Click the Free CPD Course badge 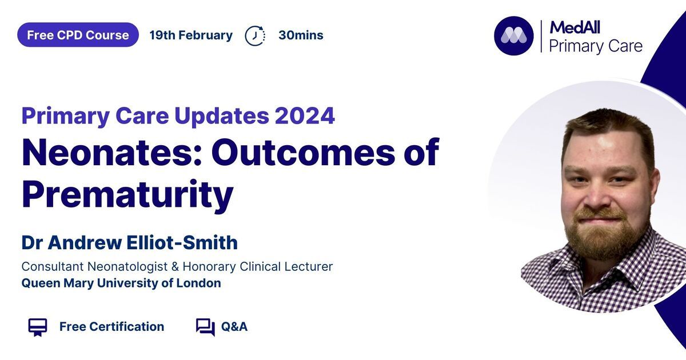click(78, 35)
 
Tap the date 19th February click(191, 35)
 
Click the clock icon click(255, 36)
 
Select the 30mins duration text click(301, 35)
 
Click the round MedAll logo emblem click(513, 36)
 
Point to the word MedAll click(575, 27)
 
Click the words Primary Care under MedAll click(596, 46)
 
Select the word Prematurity click(127, 195)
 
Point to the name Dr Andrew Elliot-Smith click(130, 242)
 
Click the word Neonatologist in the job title click(127, 267)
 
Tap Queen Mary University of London click(121, 283)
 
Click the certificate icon click(38, 327)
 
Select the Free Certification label click(112, 327)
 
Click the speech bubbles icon click(205, 327)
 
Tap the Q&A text click(234, 327)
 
